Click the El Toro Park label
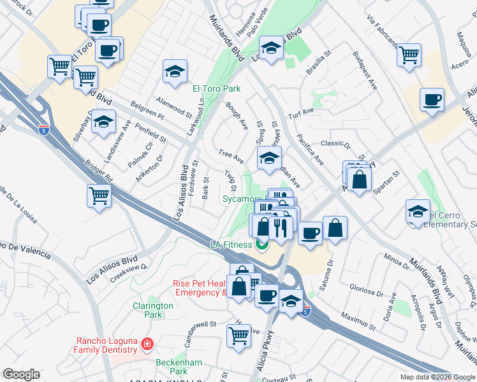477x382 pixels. pos(217,89)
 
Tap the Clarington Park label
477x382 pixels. pos(153,310)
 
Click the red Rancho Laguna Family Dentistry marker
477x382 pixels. pos(147,344)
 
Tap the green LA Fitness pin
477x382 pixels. pos(261,244)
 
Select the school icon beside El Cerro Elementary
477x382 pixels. pos(418,212)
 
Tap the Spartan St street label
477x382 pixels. pos(387,178)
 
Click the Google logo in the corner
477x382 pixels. pos(22,374)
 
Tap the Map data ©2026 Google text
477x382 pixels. pos(437,377)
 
